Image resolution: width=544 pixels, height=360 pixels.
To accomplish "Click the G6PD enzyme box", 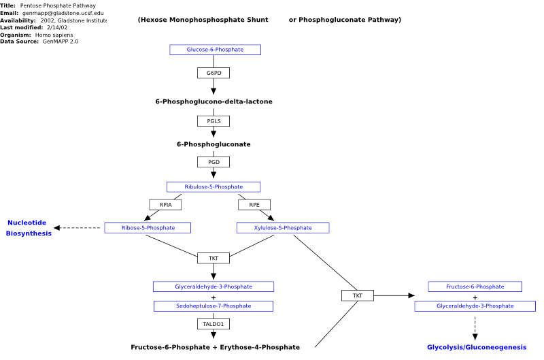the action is [214, 73].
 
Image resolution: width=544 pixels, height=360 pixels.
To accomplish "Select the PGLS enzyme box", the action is [214, 121].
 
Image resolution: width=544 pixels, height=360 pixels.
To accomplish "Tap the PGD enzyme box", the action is [214, 162].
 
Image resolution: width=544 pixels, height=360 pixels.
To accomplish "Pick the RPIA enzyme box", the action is [165, 205].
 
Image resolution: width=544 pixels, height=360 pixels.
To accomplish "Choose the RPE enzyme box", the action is [254, 205].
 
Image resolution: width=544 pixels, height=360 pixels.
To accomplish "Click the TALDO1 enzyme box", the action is [214, 324].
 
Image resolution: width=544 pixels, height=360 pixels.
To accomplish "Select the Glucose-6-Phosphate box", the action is [215, 50].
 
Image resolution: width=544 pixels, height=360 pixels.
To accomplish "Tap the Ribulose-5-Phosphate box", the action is [214, 186].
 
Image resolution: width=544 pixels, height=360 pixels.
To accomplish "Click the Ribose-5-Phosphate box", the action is [148, 228].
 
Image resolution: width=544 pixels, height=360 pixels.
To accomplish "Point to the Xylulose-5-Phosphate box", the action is [283, 228].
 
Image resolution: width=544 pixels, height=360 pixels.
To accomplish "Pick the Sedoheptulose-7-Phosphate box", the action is [214, 306].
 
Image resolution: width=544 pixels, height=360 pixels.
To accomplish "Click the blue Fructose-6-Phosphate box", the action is [475, 287].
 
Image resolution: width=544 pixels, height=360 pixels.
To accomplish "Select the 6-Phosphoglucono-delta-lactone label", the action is [214, 101].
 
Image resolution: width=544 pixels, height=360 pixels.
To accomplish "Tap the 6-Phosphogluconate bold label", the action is [214, 144].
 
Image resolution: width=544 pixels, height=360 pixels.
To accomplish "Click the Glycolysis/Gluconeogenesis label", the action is [477, 347].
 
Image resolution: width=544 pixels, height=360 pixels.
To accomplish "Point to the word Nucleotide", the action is [27, 223].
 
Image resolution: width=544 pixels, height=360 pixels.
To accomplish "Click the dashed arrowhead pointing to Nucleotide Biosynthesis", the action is [57, 228].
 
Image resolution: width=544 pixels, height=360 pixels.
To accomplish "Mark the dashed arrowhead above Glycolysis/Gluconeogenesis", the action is [475, 337].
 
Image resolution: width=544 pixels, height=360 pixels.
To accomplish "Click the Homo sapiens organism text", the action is [54, 35].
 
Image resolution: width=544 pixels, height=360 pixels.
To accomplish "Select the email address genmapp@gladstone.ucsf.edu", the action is [63, 13].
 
